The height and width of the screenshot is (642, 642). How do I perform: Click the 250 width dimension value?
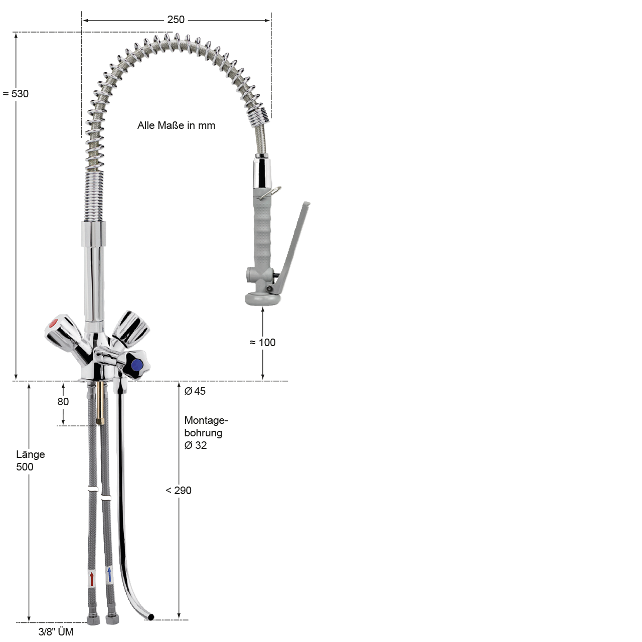pyautogui.click(x=176, y=20)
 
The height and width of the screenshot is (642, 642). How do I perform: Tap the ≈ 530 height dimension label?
pyautogui.click(x=16, y=94)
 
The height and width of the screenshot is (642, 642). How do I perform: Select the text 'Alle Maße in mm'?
pyautogui.click(x=176, y=125)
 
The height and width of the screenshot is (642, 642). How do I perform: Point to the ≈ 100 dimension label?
pyautogui.click(x=262, y=343)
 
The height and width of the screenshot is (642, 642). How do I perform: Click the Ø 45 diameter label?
pyautogui.click(x=195, y=391)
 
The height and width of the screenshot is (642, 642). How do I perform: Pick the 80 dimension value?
pyautogui.click(x=63, y=402)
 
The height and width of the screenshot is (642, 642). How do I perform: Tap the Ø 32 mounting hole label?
pyautogui.click(x=196, y=445)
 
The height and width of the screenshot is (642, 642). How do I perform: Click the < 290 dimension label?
pyautogui.click(x=179, y=491)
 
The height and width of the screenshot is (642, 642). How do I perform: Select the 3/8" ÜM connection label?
pyautogui.click(x=56, y=631)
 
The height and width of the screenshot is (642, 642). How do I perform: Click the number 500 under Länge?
pyautogui.click(x=25, y=467)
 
